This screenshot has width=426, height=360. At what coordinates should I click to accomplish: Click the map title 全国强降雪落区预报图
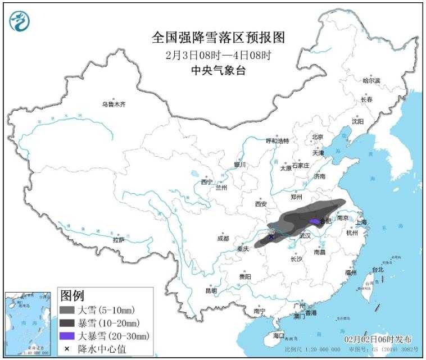(x=218, y=38)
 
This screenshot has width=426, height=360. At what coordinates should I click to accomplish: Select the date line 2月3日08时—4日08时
(x=218, y=56)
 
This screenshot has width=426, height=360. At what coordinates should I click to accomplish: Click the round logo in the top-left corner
(x=20, y=21)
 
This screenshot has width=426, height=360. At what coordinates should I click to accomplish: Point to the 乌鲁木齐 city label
(x=114, y=104)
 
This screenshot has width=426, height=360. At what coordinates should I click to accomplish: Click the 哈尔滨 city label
(x=371, y=81)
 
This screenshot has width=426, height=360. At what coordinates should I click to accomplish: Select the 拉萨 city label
(x=118, y=240)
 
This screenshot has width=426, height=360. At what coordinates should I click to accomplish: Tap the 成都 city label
(x=223, y=238)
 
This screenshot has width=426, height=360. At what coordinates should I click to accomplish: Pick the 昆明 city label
(x=211, y=290)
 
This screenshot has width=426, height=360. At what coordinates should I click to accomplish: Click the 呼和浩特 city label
(x=277, y=140)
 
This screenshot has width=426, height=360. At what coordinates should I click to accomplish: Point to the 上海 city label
(x=361, y=222)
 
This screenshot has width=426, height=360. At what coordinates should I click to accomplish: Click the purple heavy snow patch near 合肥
(x=314, y=221)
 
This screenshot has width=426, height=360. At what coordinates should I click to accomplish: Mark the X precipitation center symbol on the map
(x=271, y=237)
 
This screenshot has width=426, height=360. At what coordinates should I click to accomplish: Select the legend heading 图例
(x=72, y=295)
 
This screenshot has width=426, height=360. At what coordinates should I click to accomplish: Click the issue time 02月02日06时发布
(x=378, y=340)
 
